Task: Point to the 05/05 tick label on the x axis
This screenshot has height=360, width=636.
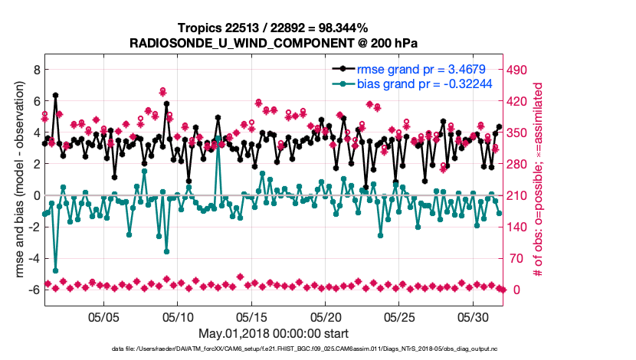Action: pos(104,316)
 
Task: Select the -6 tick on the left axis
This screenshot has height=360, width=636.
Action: pos(32,290)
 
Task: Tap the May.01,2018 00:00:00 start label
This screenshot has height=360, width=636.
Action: pos(274,333)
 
